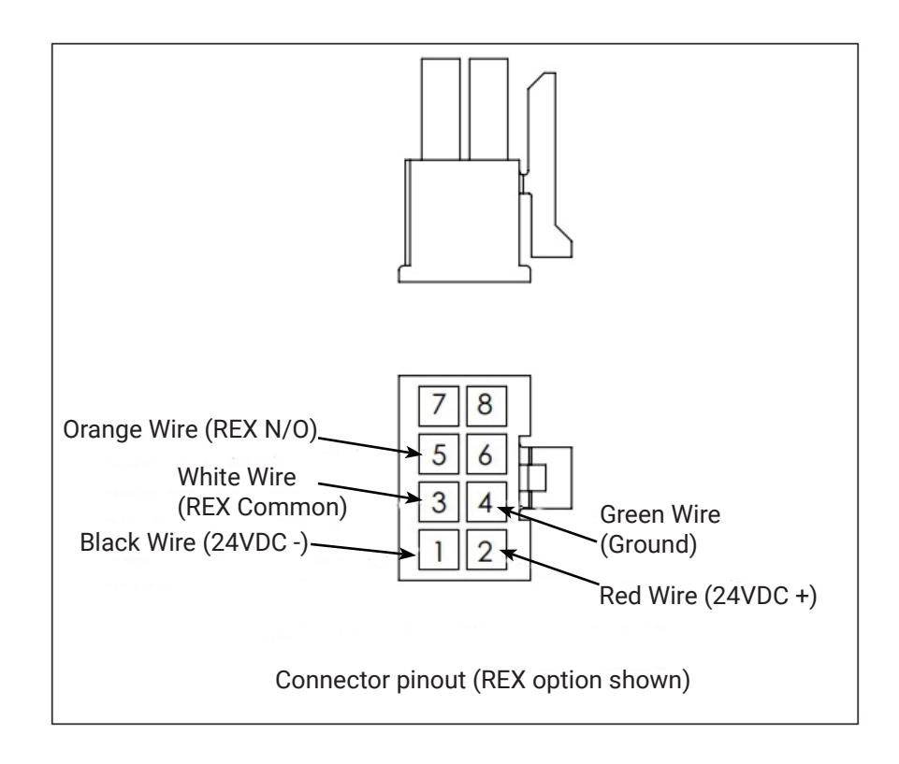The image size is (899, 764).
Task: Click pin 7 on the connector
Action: click(439, 406)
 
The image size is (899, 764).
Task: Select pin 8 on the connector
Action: click(486, 406)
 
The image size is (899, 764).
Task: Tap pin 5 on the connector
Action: click(439, 454)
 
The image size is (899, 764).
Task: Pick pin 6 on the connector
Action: click(486, 454)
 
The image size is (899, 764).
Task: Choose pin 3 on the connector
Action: click(439, 501)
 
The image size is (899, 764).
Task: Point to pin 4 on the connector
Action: click(486, 501)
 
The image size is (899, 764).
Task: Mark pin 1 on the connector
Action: click(439, 550)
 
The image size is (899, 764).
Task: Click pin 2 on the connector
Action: click(486, 550)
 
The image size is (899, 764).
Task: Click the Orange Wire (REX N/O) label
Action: click(190, 429)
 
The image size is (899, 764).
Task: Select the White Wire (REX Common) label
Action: click(262, 492)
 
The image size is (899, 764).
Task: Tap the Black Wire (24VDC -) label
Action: click(194, 542)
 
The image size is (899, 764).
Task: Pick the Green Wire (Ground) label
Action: click(660, 529)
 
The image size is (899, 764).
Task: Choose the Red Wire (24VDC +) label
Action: click(708, 596)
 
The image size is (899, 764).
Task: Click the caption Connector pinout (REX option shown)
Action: click(482, 681)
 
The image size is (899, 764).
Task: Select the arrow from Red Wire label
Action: click(549, 568)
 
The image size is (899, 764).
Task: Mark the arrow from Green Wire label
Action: click(547, 524)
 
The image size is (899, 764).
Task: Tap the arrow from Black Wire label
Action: click(362, 549)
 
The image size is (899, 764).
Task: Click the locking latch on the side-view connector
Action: click(548, 166)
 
